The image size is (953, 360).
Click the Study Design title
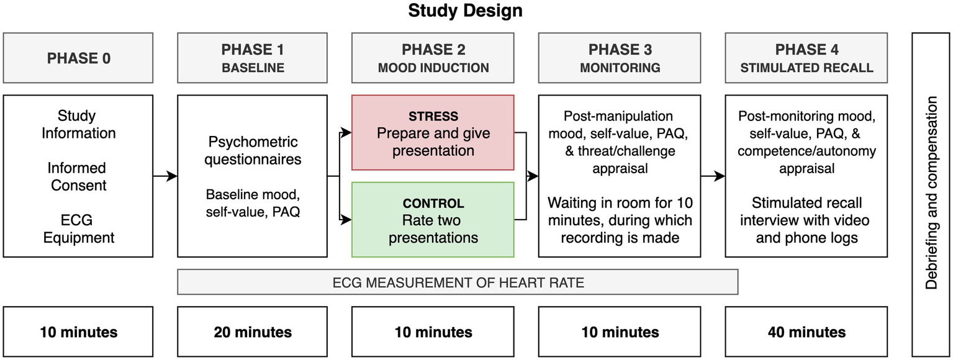tap(465, 11)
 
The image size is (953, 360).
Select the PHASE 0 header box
tap(78, 58)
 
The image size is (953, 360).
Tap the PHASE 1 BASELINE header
tap(252, 58)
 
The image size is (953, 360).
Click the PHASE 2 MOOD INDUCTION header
tap(433, 58)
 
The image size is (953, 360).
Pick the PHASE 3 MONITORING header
tap(620, 58)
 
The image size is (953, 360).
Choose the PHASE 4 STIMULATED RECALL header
tap(806, 58)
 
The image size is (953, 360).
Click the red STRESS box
tap(433, 132)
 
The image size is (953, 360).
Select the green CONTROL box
tap(433, 220)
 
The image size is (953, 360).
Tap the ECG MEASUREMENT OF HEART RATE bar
tap(458, 282)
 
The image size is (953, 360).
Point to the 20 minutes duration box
tap(252, 332)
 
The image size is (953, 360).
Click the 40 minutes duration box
tap(806, 332)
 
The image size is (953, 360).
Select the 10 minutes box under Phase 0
tap(78, 332)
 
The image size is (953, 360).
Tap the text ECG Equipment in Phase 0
tap(78, 228)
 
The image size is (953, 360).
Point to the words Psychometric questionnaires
tap(252, 151)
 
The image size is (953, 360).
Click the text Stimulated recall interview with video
tap(806, 212)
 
